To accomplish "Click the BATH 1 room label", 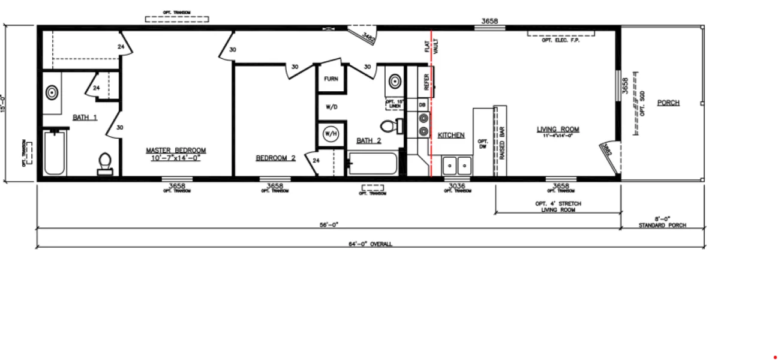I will pyautogui.click(x=85, y=118).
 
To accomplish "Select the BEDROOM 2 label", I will pyautogui.click(x=276, y=158).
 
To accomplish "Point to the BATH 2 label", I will pyautogui.click(x=368, y=140).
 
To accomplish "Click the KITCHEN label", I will pyautogui.click(x=451, y=136).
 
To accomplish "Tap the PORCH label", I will pyautogui.click(x=668, y=103).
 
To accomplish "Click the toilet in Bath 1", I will pyautogui.click(x=105, y=163).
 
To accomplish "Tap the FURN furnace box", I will pyautogui.click(x=331, y=79).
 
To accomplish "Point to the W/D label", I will pyautogui.click(x=331, y=107).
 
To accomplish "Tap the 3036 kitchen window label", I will pyautogui.click(x=457, y=186).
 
